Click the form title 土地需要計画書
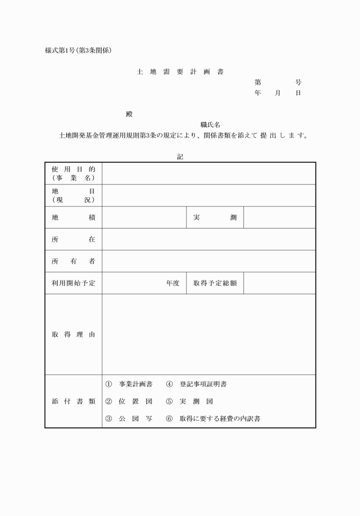coord(180,73)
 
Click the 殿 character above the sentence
coord(129,114)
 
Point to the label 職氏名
coord(210,125)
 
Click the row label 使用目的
coord(73,169)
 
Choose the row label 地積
coord(73,218)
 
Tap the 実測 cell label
coord(215,218)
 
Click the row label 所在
coord(73,239)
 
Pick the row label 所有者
coord(73,261)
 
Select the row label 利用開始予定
coord(73,283)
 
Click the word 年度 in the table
coord(173,283)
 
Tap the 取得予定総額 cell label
coord(215,283)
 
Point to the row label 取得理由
coord(73,334)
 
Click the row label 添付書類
coord(73,401)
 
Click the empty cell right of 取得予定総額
coord(279,283)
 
